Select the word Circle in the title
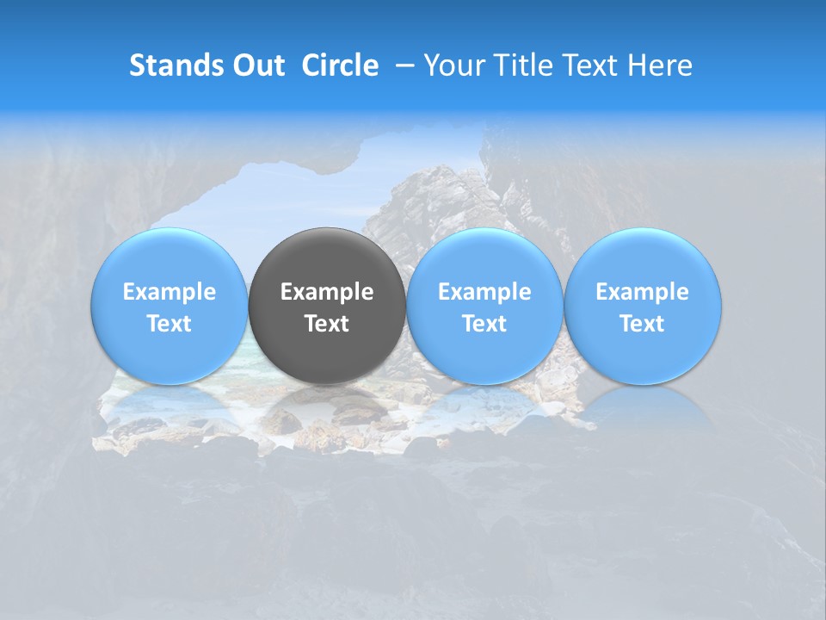tap(340, 65)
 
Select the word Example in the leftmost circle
tap(169, 292)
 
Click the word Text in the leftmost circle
tap(169, 324)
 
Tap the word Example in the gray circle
tap(327, 292)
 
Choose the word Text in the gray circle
tap(327, 324)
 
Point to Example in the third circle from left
tap(484, 292)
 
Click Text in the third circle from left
tap(484, 324)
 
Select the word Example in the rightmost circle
tap(642, 292)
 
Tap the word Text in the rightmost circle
tap(642, 324)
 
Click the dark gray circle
tap(327, 258)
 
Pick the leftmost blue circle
tap(169, 258)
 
